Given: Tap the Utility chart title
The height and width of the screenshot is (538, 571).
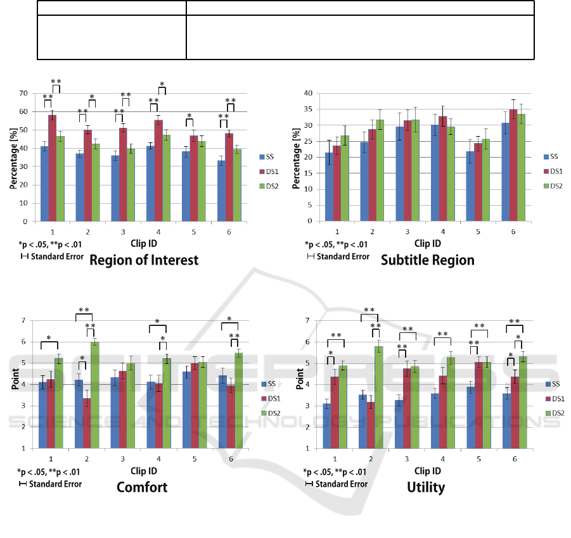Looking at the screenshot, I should pos(427,487).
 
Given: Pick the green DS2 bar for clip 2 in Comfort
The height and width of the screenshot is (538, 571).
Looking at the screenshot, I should pos(94,395).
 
